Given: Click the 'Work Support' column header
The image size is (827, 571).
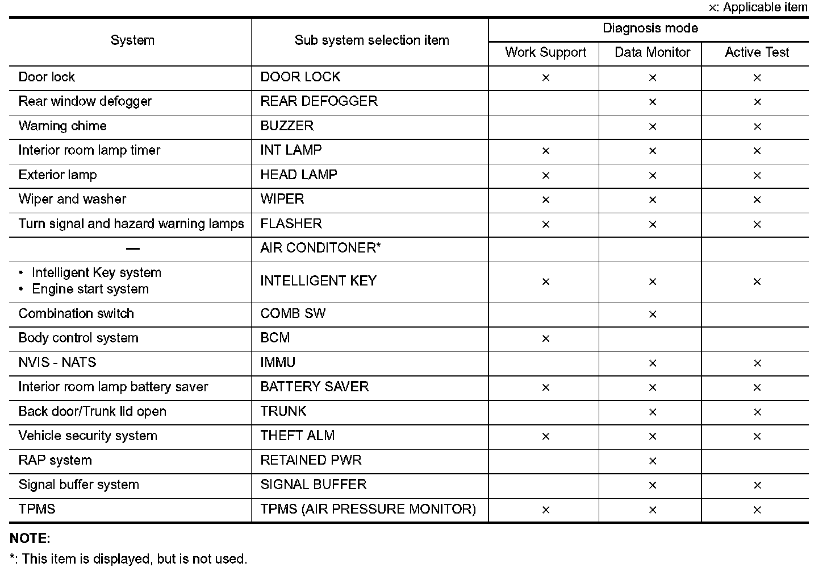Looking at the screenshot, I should [x=545, y=53].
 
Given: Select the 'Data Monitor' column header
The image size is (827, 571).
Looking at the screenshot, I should [x=652, y=53].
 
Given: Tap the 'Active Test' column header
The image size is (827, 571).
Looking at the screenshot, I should [x=757, y=53].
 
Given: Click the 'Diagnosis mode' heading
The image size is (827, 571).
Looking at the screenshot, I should [x=650, y=28].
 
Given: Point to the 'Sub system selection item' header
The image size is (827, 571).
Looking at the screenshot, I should [x=371, y=40].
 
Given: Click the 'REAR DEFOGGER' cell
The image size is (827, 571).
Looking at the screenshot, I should [x=319, y=101].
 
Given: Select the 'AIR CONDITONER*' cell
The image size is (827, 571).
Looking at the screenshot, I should [x=320, y=248].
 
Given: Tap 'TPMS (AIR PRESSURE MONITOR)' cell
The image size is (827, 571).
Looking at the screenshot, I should [x=368, y=509].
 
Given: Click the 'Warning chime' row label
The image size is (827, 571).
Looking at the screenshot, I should [x=62, y=126].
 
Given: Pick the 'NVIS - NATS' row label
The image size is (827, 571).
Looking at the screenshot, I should [x=57, y=362].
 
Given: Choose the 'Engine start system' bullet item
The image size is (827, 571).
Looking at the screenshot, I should [x=90, y=289].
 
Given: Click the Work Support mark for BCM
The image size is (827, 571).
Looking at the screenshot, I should [x=546, y=339].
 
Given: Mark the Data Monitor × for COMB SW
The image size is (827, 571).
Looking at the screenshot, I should [x=652, y=315].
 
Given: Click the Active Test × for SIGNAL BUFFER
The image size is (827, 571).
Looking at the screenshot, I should [x=757, y=486].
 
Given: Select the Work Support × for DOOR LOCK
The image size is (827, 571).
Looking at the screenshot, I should [x=546, y=78].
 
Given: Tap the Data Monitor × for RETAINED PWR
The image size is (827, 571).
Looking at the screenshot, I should [x=652, y=461].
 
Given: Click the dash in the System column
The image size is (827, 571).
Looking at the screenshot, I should [x=133, y=249].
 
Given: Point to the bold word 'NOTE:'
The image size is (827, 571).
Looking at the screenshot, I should [x=30, y=538].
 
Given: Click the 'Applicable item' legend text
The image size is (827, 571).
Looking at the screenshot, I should [x=765, y=7].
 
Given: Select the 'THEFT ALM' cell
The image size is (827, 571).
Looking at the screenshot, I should [x=298, y=436].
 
